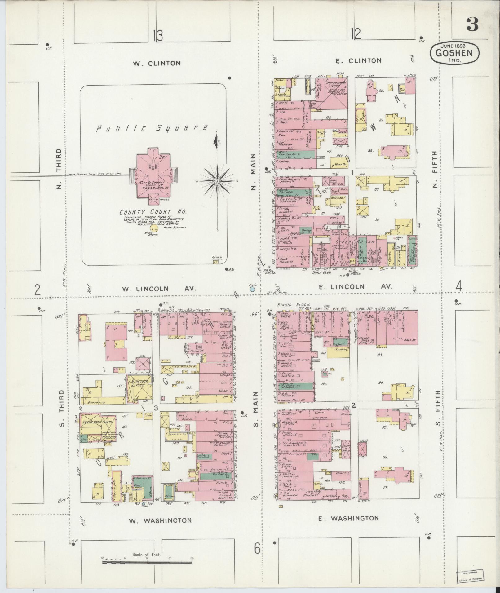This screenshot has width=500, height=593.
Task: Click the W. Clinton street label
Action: click(157, 63)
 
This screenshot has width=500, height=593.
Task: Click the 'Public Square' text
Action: click(152, 128)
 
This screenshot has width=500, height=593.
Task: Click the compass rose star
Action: click(217, 181)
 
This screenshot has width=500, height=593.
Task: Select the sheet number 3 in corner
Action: click(472, 24)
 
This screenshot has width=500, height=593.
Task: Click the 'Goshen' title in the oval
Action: click(454, 52)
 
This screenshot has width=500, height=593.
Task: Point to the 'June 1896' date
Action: click(454, 45)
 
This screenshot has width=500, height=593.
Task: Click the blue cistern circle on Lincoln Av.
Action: click(253, 289)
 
